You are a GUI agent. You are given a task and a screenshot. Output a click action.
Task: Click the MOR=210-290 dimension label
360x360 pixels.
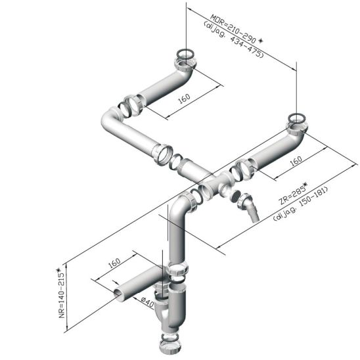tap(233, 29)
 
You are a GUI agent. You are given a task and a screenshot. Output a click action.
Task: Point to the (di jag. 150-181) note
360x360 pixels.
tap(300, 204)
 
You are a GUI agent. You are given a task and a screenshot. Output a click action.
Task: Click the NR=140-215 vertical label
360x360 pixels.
tap(61, 294)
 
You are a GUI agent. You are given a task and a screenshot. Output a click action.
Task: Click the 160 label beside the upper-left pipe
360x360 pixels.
tap(184, 99)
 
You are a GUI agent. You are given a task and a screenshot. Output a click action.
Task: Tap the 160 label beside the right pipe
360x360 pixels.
tap(296, 161)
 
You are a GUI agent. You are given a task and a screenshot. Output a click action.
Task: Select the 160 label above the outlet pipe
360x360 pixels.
tap(114, 263)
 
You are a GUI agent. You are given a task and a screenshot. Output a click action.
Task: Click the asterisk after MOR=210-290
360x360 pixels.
tap(260, 41)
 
